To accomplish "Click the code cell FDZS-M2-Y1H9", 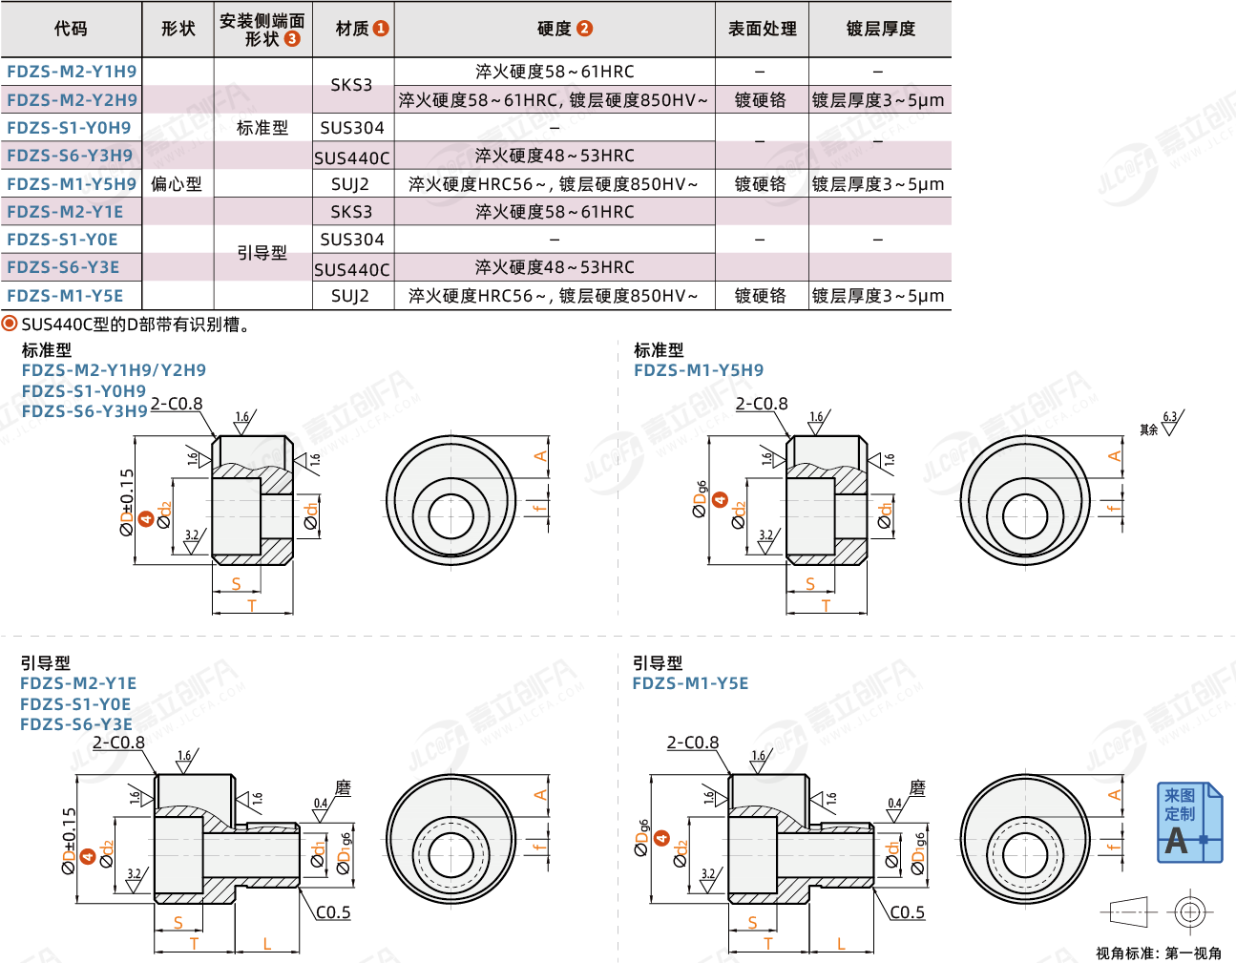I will [x=72, y=72].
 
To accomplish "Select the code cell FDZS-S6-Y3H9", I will [x=70, y=156].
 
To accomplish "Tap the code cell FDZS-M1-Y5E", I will [x=65, y=296].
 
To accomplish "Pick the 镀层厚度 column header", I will [x=880, y=29].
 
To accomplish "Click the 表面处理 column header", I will [x=762, y=29].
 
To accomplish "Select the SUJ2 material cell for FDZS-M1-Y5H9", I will [x=351, y=184].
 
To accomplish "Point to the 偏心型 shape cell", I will [x=177, y=184].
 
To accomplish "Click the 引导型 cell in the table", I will [x=262, y=253].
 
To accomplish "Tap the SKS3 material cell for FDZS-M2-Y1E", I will [x=351, y=212].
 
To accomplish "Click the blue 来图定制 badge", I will [x=1189, y=823].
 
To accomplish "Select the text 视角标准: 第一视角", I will [x=1158, y=953].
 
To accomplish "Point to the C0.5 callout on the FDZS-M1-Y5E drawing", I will [x=907, y=912].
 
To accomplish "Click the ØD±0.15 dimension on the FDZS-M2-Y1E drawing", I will [x=69, y=842].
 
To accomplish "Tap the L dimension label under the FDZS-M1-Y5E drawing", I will [x=841, y=944].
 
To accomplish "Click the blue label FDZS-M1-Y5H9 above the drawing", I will [x=699, y=370].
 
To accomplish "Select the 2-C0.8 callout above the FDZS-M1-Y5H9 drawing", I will [x=762, y=404].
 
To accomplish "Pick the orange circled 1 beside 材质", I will [x=381, y=29].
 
